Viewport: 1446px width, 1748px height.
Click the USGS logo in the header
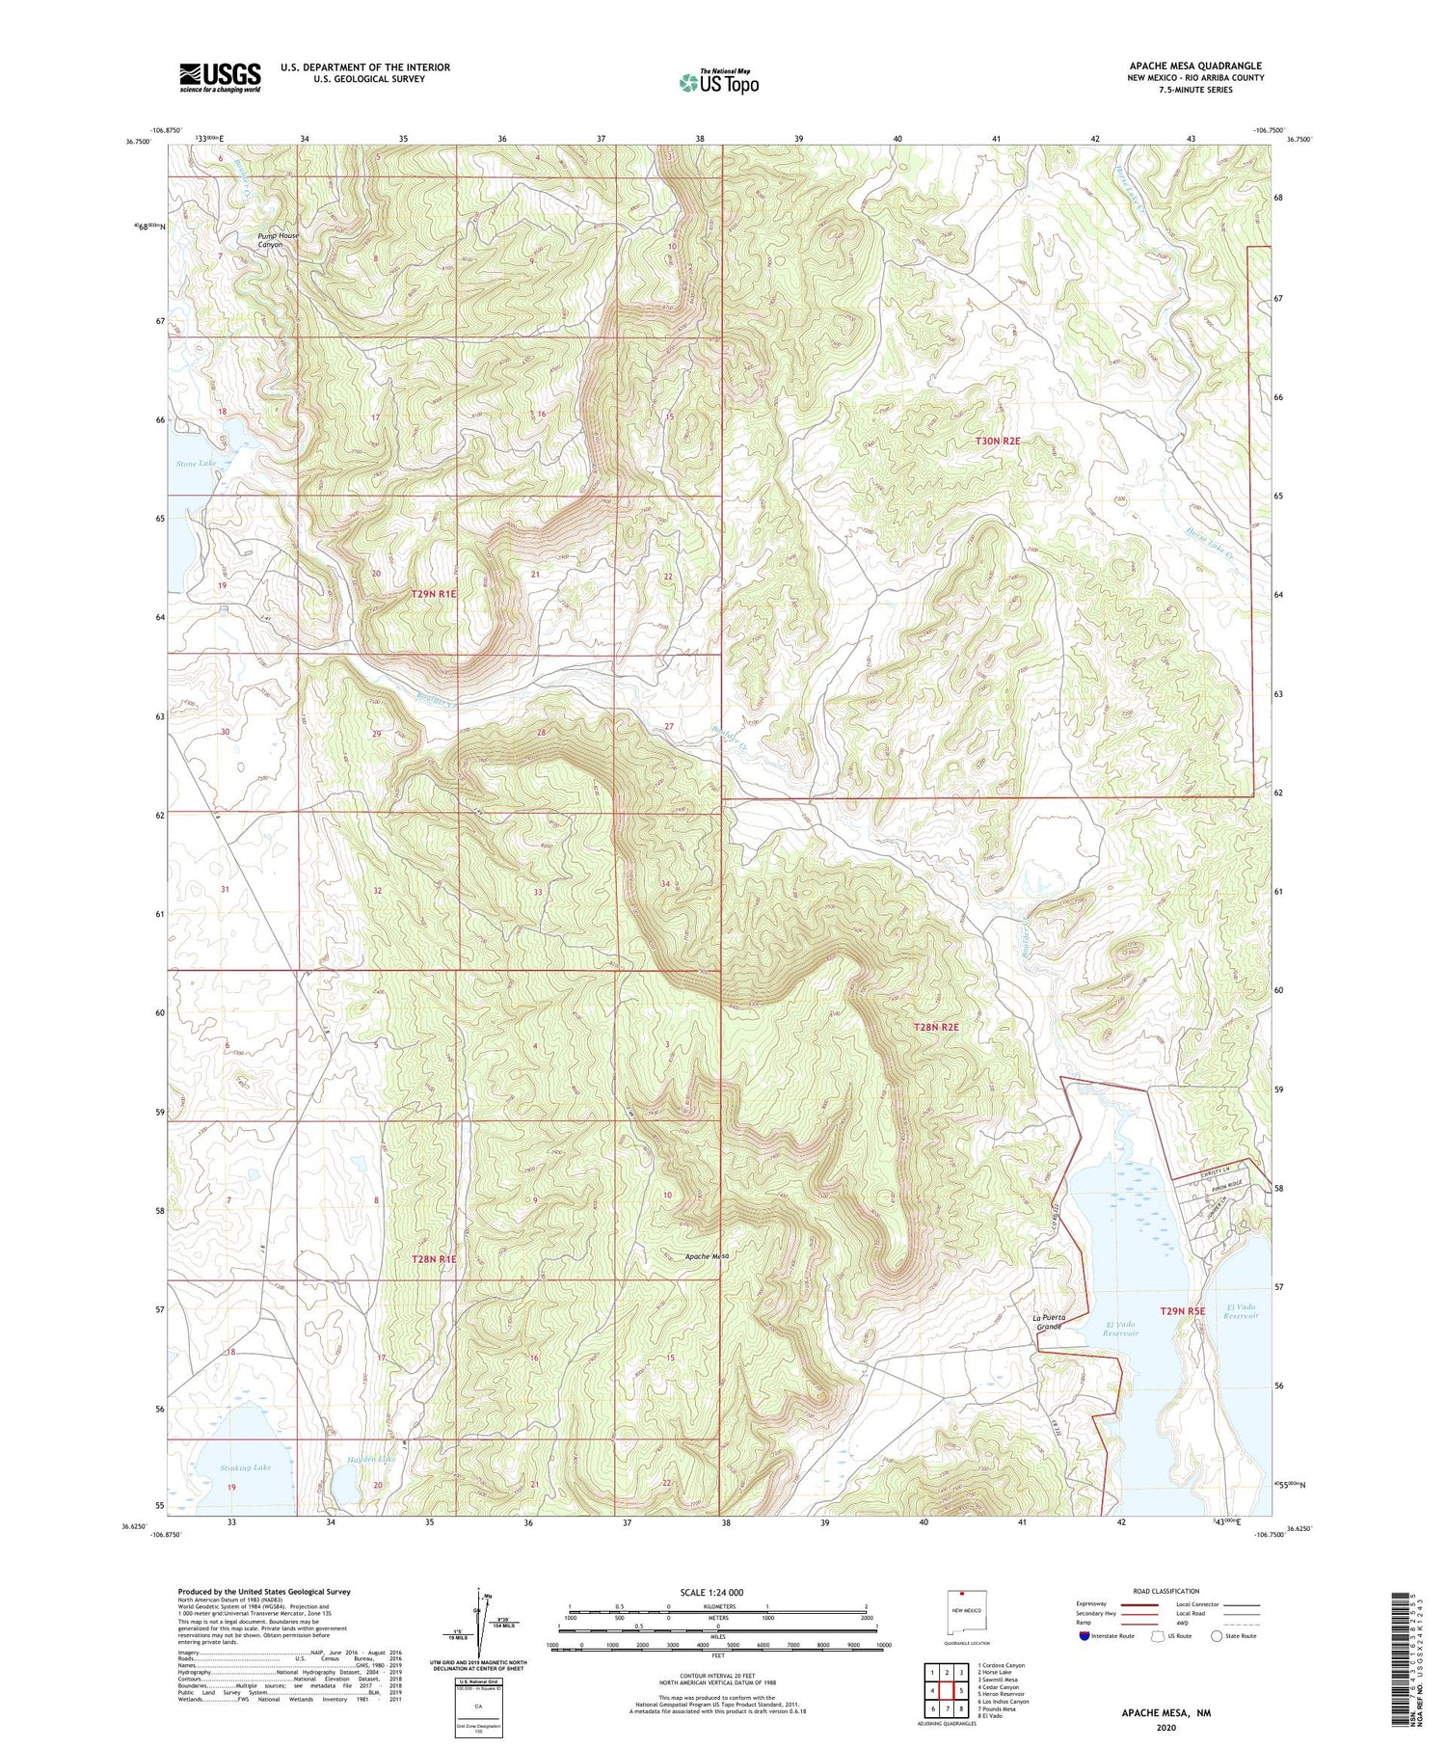(220, 77)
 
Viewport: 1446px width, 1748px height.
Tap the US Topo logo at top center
(718, 82)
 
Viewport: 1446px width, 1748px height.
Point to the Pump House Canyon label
(278, 240)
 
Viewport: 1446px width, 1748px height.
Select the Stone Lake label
(197, 464)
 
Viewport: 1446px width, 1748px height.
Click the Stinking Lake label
(245, 1467)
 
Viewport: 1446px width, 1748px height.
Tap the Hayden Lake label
(372, 1460)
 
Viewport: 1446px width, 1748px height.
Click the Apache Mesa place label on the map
(707, 1256)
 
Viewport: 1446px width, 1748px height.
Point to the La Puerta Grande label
(1048, 1322)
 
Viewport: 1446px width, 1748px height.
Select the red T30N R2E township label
(997, 441)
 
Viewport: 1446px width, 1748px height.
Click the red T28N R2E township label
(936, 1028)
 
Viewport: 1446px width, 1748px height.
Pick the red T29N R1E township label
(434, 595)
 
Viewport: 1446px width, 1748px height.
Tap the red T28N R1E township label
(434, 1259)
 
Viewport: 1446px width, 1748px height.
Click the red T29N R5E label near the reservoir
(1183, 1311)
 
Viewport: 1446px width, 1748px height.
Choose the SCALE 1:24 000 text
(711, 1592)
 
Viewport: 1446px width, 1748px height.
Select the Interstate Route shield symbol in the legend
(1084, 1636)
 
